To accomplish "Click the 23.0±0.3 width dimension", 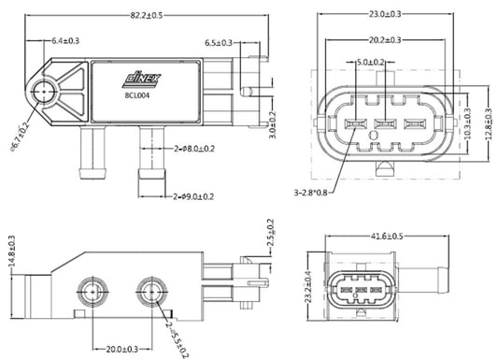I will click(x=386, y=14).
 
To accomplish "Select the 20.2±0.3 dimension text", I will click(x=386, y=40).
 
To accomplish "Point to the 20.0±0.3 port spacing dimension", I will click(x=121, y=349).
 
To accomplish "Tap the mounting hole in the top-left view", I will click(x=44, y=92).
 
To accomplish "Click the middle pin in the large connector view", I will click(x=380, y=125).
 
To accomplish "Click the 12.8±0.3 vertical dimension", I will click(x=488, y=122).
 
